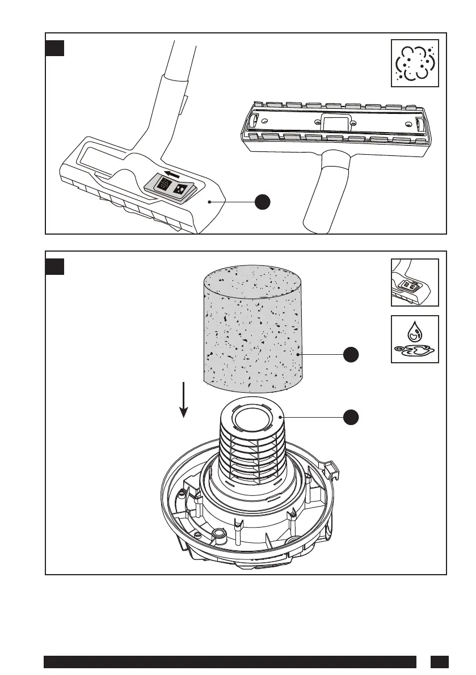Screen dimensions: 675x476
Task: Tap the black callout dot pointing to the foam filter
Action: pos(351,354)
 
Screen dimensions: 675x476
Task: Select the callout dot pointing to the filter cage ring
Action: pos(351,417)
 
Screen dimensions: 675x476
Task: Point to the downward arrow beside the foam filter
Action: pos(183,400)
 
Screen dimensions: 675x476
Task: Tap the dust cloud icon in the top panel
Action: pos(415,63)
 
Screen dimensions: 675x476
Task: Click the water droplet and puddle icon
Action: pos(415,339)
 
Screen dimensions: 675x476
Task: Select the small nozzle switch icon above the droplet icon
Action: pos(415,282)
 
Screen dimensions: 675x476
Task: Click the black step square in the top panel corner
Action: pos(54,48)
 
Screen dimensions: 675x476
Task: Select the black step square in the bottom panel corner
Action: pos(54,266)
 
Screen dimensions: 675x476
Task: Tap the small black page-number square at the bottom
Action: pos(439,662)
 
